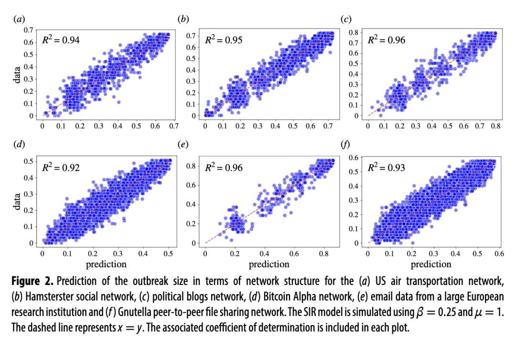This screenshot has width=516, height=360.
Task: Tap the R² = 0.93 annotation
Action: pos(386,168)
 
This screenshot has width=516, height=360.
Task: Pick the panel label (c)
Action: pos(345,19)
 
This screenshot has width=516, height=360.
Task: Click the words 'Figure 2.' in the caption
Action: pos(31,282)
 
